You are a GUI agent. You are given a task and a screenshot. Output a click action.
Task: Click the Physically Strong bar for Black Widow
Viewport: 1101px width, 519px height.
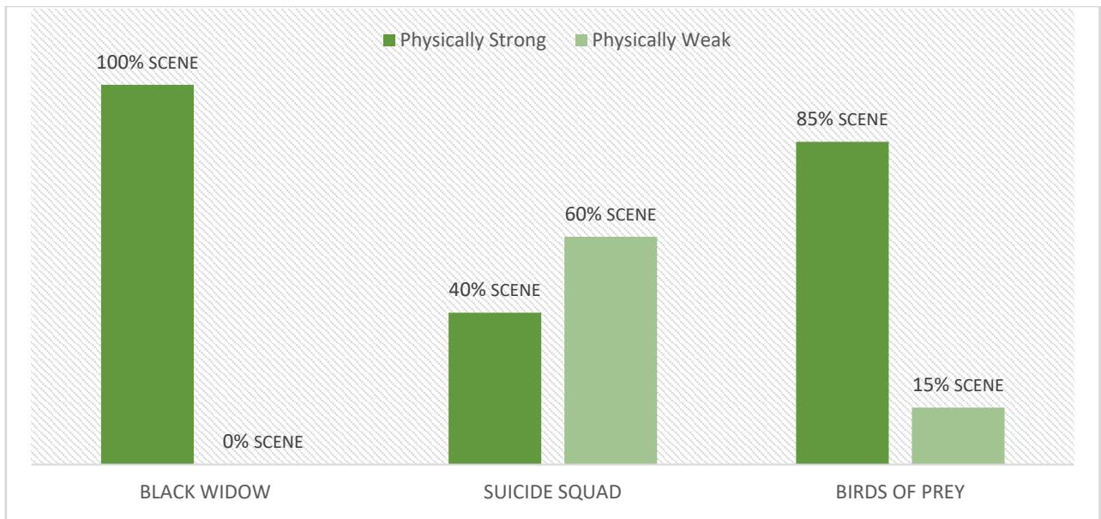(147, 275)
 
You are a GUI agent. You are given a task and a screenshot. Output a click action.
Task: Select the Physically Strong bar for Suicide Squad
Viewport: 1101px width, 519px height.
(495, 389)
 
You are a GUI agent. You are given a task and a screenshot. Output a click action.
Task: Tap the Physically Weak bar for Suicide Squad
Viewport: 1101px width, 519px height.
(610, 351)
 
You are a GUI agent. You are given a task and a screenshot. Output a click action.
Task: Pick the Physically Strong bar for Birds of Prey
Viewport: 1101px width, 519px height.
(842, 303)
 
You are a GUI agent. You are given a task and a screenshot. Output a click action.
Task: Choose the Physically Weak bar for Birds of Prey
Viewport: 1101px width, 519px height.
(958, 436)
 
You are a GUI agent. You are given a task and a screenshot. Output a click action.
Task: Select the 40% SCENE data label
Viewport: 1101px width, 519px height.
(494, 290)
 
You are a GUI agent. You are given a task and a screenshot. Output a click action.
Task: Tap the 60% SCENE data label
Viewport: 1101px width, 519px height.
(610, 214)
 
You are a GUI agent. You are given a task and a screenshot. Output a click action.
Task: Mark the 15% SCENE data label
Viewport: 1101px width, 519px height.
(958, 386)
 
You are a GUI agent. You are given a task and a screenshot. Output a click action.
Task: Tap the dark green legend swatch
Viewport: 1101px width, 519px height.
(388, 40)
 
